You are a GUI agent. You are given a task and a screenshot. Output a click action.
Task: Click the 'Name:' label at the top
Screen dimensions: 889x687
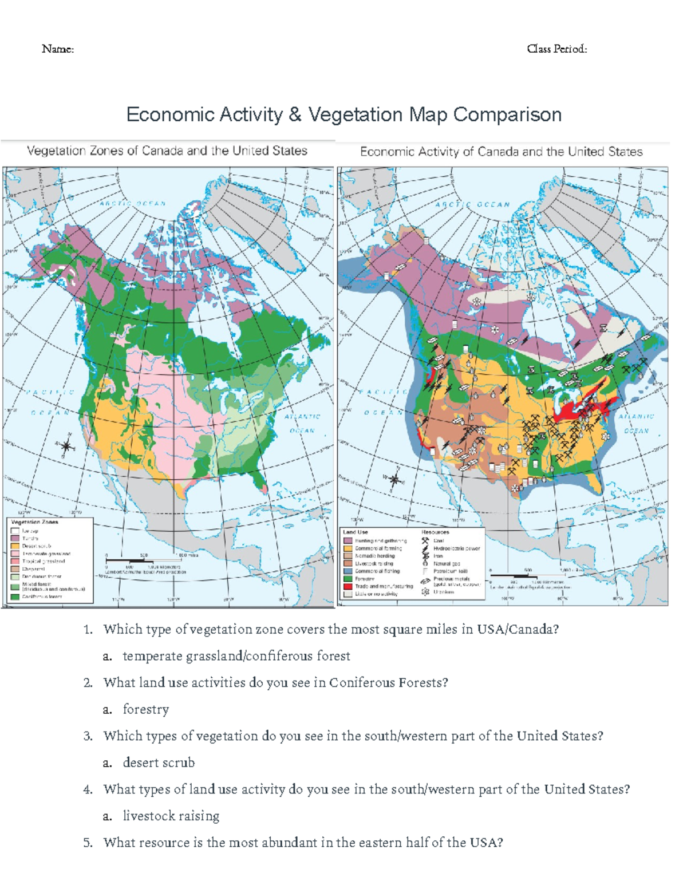pyautogui.click(x=58, y=49)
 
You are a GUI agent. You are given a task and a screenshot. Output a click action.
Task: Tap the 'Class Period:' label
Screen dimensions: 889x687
pyautogui.click(x=556, y=49)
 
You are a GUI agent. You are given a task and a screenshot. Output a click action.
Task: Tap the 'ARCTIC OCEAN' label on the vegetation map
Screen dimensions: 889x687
pyautogui.click(x=133, y=203)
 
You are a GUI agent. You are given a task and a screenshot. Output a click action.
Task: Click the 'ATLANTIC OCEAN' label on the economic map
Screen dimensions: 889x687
pyautogui.click(x=636, y=424)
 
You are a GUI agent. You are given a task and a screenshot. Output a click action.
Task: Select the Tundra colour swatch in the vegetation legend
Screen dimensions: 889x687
pyautogui.click(x=15, y=539)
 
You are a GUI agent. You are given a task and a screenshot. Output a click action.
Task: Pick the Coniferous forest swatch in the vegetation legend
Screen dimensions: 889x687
pyautogui.click(x=15, y=596)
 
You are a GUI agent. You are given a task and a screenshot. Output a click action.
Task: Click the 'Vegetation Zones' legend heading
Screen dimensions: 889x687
pyautogui.click(x=34, y=522)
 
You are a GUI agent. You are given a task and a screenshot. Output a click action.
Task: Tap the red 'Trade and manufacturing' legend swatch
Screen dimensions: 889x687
pyautogui.click(x=348, y=586)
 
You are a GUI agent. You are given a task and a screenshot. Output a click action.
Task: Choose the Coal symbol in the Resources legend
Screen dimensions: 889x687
pyautogui.click(x=425, y=540)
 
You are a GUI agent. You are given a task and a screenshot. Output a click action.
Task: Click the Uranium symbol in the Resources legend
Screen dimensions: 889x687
pyautogui.click(x=425, y=592)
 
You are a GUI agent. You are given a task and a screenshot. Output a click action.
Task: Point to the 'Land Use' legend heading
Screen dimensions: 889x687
pyautogui.click(x=355, y=532)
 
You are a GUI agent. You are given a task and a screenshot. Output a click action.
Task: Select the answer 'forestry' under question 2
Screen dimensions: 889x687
pyautogui.click(x=146, y=709)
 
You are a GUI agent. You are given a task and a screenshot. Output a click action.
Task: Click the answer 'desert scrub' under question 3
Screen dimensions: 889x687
pyautogui.click(x=159, y=762)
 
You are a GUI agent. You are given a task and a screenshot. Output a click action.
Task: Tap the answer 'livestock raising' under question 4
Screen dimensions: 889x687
pyautogui.click(x=171, y=816)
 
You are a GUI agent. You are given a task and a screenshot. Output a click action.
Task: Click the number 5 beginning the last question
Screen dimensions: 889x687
pyautogui.click(x=88, y=843)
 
